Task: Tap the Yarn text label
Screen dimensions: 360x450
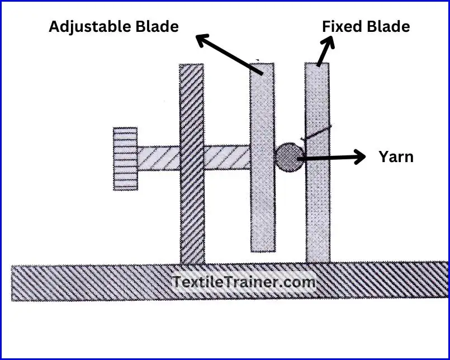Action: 396,157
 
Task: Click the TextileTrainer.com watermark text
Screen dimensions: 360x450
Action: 244,282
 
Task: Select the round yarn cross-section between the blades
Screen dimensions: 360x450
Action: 289,157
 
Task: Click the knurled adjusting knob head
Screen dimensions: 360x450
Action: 125,159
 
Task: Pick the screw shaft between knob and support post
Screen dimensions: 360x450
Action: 158,158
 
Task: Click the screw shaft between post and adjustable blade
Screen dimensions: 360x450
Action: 226,158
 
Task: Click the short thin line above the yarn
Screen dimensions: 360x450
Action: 316,132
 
